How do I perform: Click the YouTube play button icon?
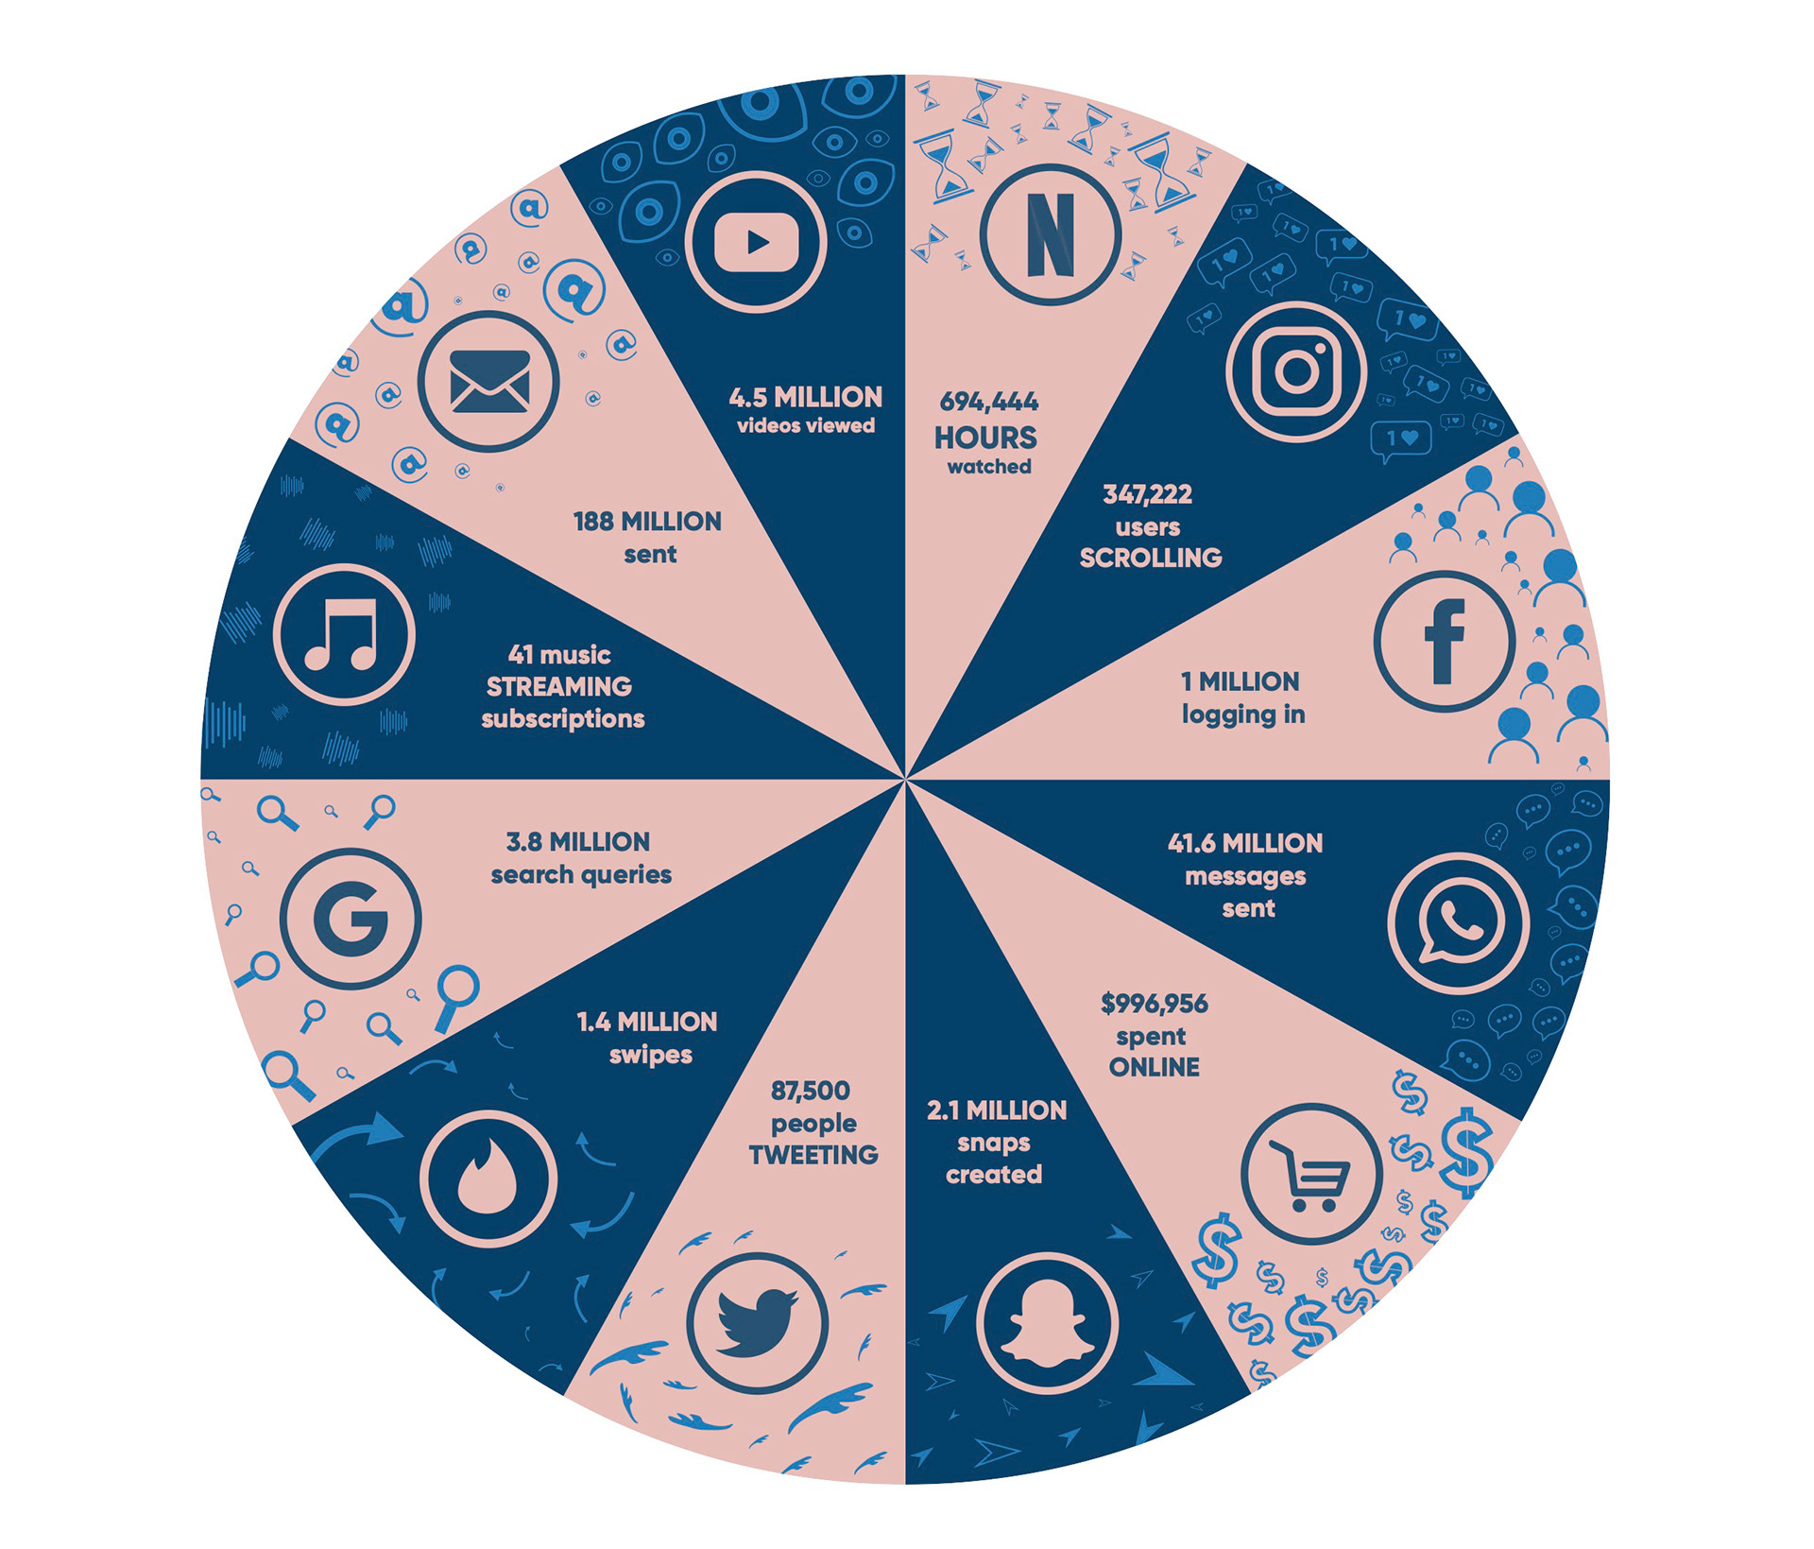coord(756,242)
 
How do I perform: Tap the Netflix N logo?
coord(1050,234)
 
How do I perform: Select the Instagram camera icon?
coord(1297,371)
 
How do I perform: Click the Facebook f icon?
coord(1444,642)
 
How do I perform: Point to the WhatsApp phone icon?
coord(1458,923)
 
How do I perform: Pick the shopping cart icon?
coord(1311,1174)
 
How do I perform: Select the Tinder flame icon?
coord(488,1179)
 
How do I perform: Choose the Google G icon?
coord(351,919)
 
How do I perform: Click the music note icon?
coord(343,634)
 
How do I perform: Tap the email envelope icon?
coord(488,382)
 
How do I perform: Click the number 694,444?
coord(988,403)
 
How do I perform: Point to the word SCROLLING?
coord(1150,558)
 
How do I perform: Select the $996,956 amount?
coord(1154,1004)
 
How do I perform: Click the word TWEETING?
coord(813,1155)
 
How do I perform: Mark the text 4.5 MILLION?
coord(805,397)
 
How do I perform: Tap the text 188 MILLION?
coord(647,522)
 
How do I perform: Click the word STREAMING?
coord(559,686)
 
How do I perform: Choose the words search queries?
coord(581,875)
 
